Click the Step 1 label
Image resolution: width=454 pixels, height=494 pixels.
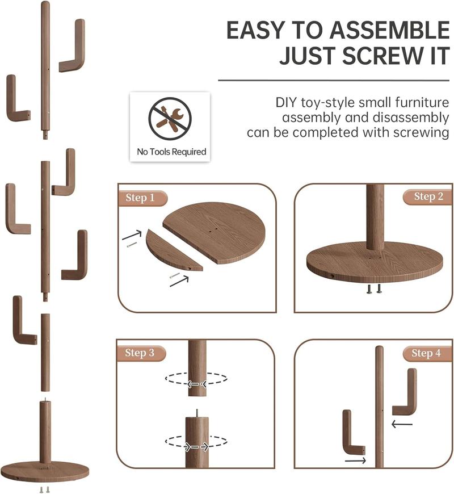click(x=140, y=198)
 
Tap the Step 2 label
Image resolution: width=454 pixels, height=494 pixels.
click(x=428, y=196)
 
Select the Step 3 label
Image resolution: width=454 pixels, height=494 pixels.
click(x=140, y=353)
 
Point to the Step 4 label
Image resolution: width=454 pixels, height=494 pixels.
click(x=426, y=353)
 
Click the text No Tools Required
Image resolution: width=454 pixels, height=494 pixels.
click(x=171, y=152)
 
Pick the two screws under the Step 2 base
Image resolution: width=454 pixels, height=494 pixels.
click(x=373, y=288)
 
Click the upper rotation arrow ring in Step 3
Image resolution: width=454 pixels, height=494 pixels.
click(x=196, y=378)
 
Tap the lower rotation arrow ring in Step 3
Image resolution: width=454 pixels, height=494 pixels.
click(x=196, y=441)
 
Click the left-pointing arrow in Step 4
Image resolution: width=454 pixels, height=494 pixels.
click(x=402, y=424)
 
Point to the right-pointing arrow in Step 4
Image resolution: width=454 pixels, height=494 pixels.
click(x=355, y=461)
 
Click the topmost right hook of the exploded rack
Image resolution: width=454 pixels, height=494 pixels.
click(x=73, y=46)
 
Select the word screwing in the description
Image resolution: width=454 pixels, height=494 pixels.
click(x=421, y=133)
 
